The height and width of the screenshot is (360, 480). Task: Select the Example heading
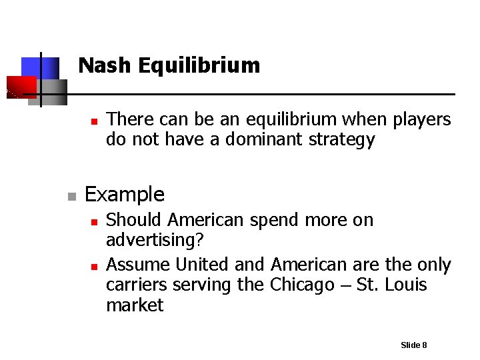point(125,195)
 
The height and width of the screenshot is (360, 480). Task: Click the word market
point(135,305)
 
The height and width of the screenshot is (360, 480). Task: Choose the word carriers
point(137,285)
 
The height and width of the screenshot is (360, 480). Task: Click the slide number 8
point(424,345)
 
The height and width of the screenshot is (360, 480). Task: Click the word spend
point(271,220)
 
